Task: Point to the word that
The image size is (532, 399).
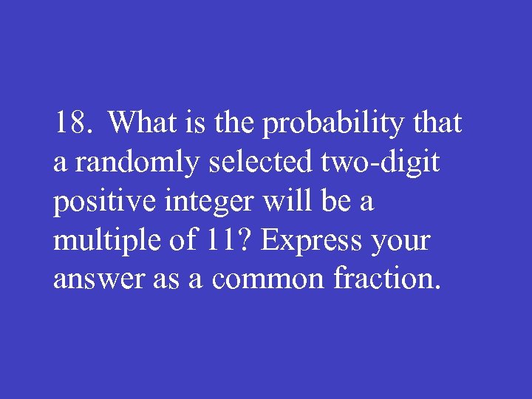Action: coord(437,123)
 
